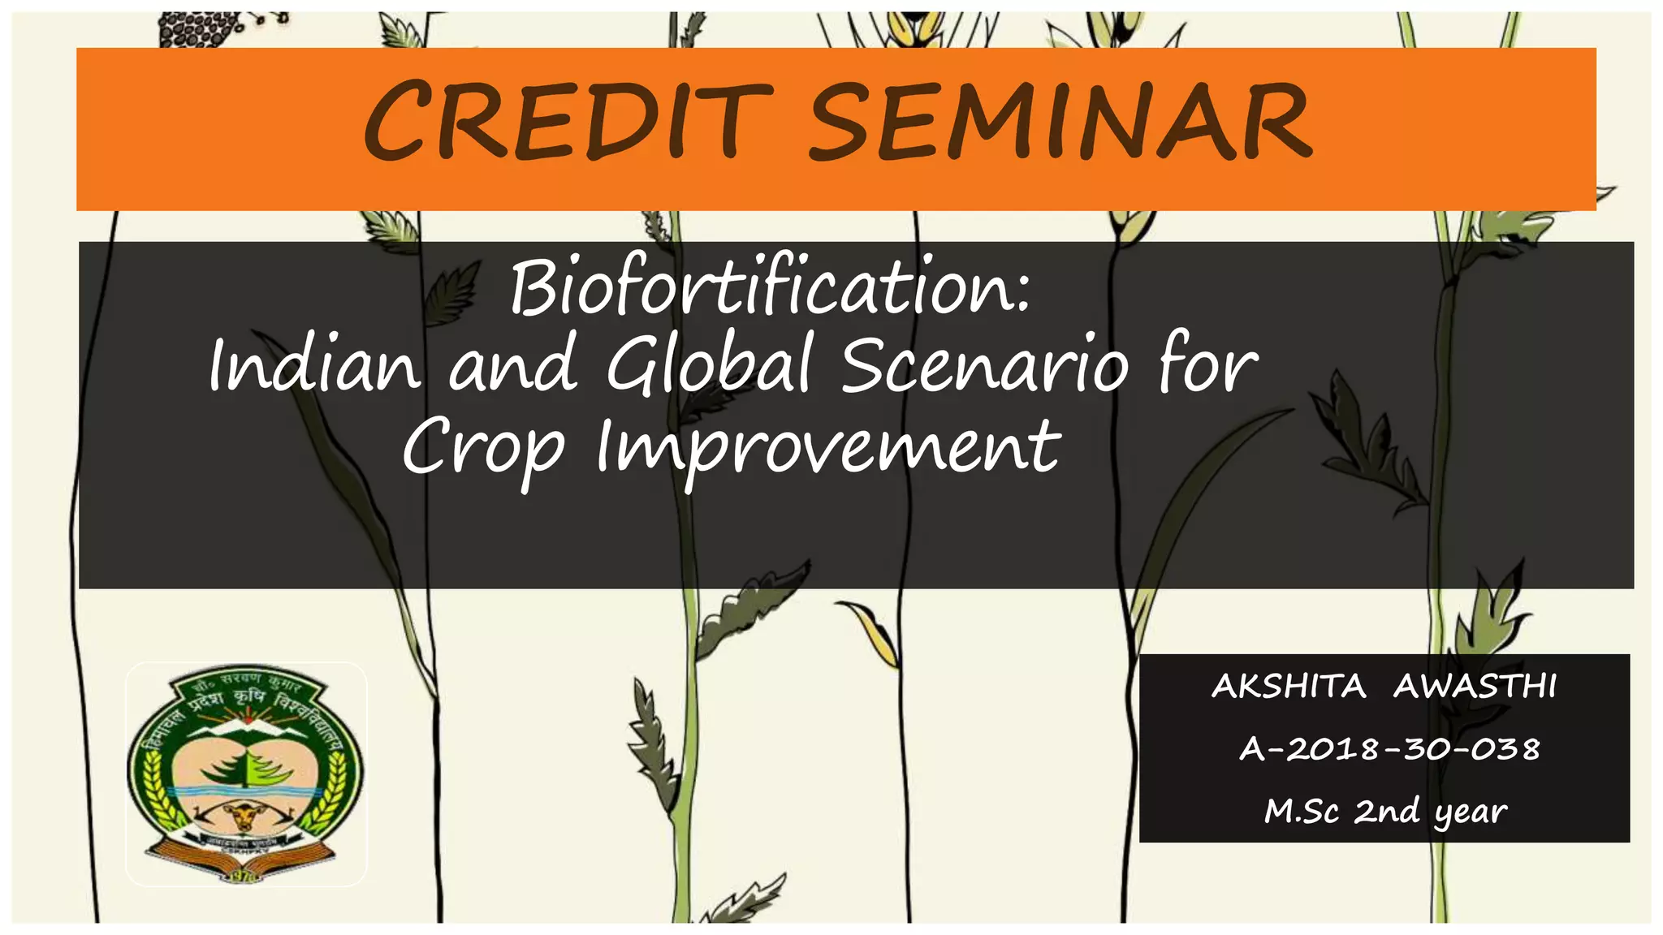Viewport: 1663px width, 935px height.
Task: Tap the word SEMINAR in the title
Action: [x=1060, y=122]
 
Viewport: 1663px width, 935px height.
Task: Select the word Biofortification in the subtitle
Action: [x=770, y=288]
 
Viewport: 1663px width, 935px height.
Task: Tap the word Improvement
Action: [x=828, y=448]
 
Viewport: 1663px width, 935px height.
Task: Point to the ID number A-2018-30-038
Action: [x=1389, y=749]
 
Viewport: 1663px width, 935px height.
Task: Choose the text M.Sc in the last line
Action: [x=1301, y=811]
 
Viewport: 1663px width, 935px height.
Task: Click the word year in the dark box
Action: [x=1471, y=812]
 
